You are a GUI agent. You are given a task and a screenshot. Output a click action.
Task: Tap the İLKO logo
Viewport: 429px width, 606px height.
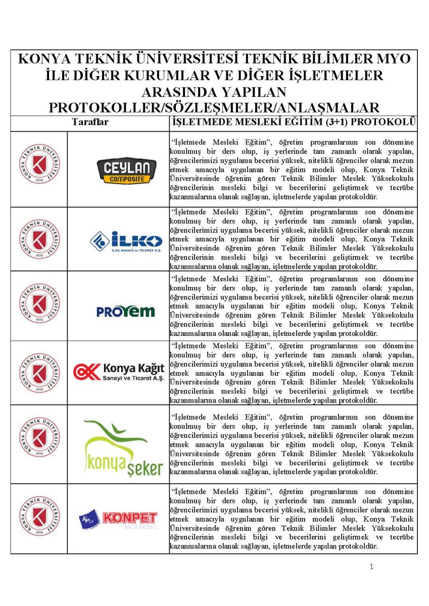point(126,241)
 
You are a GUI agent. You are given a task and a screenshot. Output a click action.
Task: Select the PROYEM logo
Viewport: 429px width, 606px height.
point(125,311)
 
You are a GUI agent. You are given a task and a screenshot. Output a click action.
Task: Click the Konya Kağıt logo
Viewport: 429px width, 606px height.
point(119,372)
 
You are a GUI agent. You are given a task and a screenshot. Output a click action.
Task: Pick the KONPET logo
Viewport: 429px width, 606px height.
point(118,520)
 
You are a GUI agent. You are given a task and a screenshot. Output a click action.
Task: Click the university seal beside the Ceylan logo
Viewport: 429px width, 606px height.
point(39,165)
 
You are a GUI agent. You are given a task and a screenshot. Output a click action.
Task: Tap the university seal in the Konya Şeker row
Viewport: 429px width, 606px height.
point(39,437)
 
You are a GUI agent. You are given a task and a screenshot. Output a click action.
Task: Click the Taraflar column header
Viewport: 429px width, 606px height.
point(90,122)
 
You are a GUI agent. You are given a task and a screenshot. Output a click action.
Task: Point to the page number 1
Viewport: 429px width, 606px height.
point(371,567)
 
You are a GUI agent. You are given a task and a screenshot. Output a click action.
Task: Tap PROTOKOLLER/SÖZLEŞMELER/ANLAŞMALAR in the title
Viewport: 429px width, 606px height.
point(214,108)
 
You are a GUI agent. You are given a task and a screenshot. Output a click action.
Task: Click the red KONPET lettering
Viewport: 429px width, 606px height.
point(130,518)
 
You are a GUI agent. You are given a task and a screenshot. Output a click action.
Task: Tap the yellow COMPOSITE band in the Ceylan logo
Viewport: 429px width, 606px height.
point(123,179)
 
